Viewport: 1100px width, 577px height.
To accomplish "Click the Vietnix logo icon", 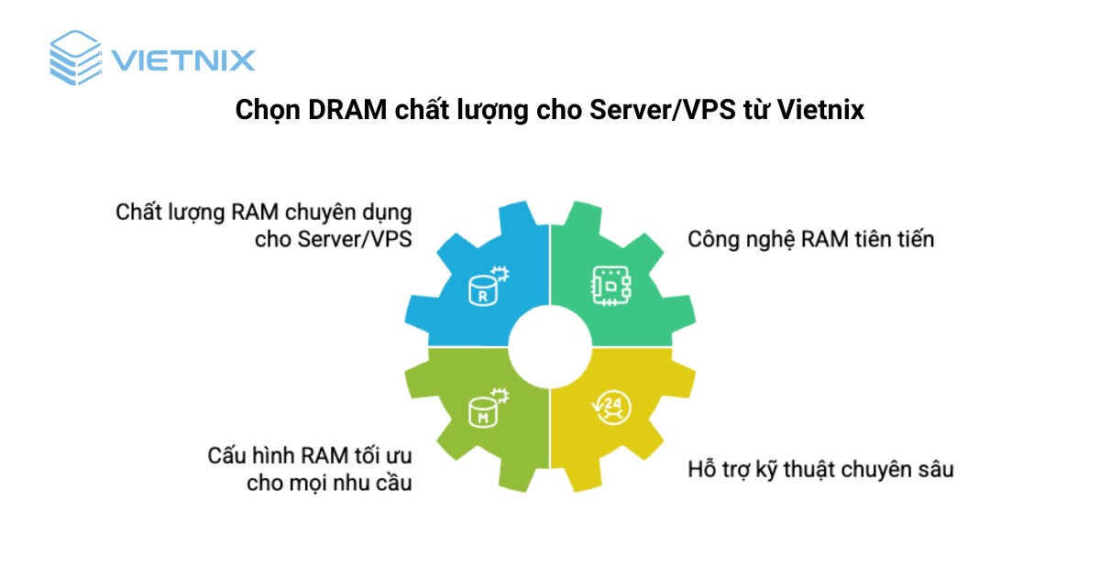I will click(x=76, y=59).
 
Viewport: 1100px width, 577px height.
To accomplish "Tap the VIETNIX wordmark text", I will click(x=182, y=60).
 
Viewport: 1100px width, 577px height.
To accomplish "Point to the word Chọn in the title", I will click(x=267, y=111).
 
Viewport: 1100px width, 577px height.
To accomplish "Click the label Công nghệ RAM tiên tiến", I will click(x=810, y=240).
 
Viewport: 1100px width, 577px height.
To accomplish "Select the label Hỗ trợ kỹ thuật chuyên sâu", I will click(x=820, y=471).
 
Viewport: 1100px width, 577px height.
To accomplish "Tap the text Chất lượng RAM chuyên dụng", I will click(x=263, y=212).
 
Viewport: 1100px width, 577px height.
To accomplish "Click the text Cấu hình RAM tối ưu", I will click(x=309, y=454).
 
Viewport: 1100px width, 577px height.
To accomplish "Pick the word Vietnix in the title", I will click(x=820, y=111).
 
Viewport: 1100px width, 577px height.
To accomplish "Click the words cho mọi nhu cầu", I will click(x=329, y=483).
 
